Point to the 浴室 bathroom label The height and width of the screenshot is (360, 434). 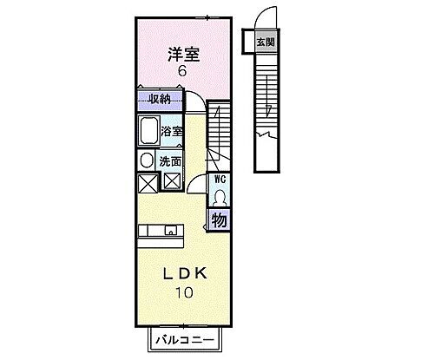point(171,132)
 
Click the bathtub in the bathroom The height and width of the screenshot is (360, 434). point(148,132)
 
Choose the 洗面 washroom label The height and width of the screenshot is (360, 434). point(171,161)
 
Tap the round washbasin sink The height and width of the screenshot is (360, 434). point(146,160)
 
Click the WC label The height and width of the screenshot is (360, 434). point(220,180)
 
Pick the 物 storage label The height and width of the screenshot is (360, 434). point(220,220)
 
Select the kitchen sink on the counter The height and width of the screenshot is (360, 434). point(171,230)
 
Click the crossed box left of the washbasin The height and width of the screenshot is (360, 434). point(146,182)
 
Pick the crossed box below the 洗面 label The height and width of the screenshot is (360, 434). point(171,181)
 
